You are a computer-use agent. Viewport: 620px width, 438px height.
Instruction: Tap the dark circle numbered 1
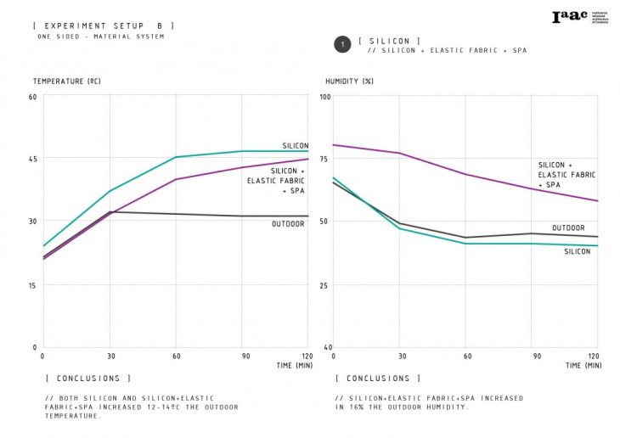click(341, 45)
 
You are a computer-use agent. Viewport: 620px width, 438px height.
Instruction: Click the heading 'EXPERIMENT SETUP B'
click(103, 25)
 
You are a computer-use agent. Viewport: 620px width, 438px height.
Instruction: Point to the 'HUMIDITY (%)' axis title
click(350, 81)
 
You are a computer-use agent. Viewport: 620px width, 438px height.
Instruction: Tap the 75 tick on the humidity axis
click(324, 158)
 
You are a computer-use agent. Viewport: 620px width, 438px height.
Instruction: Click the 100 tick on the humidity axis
click(324, 96)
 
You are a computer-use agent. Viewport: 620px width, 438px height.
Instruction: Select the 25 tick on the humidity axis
click(324, 284)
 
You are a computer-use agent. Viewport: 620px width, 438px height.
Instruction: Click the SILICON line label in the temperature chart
click(295, 146)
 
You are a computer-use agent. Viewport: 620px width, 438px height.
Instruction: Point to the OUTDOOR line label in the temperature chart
click(288, 224)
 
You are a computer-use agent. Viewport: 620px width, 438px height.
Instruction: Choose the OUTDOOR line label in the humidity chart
click(568, 227)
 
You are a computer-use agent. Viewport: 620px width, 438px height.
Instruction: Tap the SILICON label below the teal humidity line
click(577, 251)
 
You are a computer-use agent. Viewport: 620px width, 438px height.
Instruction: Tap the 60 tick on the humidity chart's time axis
click(465, 356)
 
